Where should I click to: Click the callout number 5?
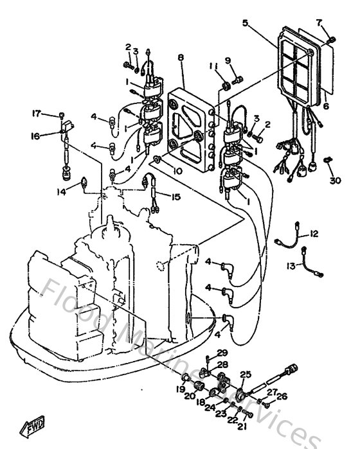(x=246, y=23)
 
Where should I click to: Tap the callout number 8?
(x=181, y=58)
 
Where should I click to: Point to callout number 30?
(x=334, y=180)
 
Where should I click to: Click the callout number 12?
(x=314, y=234)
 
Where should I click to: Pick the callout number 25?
(x=245, y=374)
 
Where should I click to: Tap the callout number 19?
(x=181, y=389)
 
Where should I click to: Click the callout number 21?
(x=242, y=426)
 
